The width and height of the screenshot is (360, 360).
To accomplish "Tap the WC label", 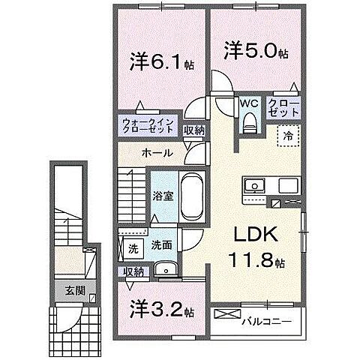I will (249, 105).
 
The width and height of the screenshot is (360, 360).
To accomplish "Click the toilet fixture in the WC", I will (250, 121).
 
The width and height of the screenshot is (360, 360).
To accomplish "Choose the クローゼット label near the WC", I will (284, 107).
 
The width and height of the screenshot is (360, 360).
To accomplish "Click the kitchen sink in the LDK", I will (251, 186).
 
